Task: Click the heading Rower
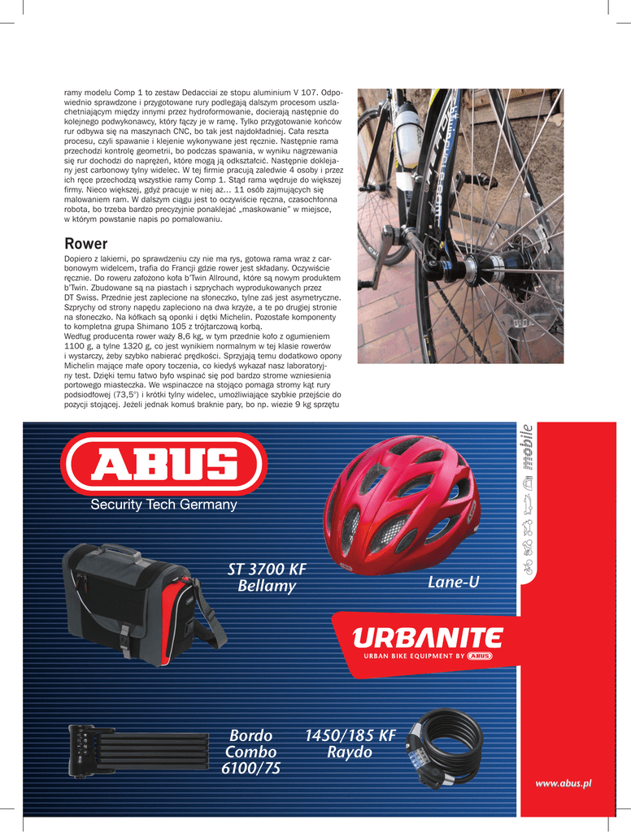pyautogui.click(x=85, y=244)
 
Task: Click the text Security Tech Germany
pyautogui.click(x=163, y=505)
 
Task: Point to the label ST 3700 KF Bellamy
pyautogui.click(x=267, y=577)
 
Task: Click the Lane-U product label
pyautogui.click(x=453, y=583)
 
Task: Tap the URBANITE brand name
pyautogui.click(x=427, y=638)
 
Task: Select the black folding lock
pyautogui.click(x=135, y=752)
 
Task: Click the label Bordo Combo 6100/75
pyautogui.click(x=250, y=752)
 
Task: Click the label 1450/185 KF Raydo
pyautogui.click(x=350, y=744)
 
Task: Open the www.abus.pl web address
pyautogui.click(x=563, y=782)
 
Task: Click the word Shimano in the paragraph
pyautogui.click(x=150, y=326)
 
